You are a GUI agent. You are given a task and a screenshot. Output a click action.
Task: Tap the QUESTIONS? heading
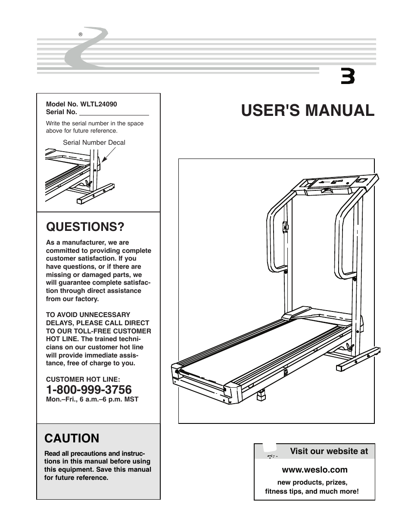85,227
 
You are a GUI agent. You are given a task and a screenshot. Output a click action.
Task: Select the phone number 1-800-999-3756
89,390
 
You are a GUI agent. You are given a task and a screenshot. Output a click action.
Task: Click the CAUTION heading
72,438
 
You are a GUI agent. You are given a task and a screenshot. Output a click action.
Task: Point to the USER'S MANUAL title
308,110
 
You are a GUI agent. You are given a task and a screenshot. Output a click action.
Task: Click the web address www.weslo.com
314,470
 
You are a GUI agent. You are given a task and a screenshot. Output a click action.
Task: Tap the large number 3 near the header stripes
348,77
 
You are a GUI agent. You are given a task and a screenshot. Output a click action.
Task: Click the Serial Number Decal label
94,143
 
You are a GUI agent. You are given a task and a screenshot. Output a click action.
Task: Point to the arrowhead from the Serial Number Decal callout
104,161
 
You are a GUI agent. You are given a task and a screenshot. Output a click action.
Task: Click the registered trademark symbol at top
80,34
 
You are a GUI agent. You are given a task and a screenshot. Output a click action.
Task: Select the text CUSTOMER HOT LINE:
83,380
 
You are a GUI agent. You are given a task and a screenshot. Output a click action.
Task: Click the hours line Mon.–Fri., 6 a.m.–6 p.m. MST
92,399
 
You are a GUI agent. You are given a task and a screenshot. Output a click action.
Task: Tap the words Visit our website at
329,451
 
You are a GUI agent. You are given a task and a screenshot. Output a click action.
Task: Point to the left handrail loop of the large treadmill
276,241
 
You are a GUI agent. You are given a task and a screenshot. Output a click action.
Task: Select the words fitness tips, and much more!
311,491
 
